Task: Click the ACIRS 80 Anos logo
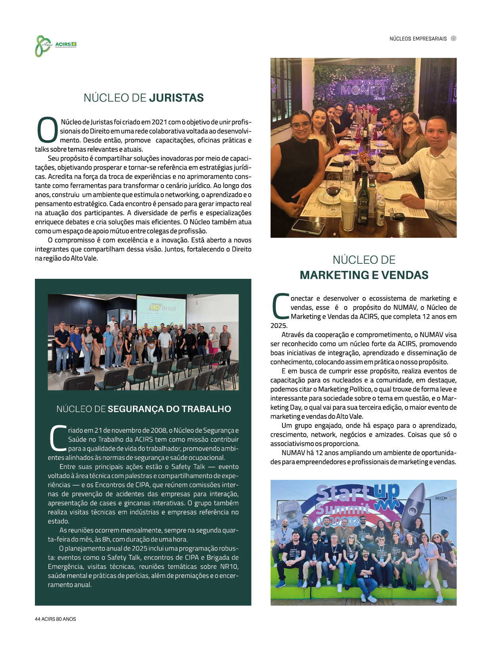55,46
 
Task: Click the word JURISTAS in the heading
177,98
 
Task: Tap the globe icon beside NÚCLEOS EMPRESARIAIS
454,38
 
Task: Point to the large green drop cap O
47,130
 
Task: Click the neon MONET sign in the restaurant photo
363,90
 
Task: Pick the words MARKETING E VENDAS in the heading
364,275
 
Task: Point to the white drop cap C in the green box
57,438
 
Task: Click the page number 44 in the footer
38,619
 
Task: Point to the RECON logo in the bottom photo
441,498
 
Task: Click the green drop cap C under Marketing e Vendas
280,306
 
